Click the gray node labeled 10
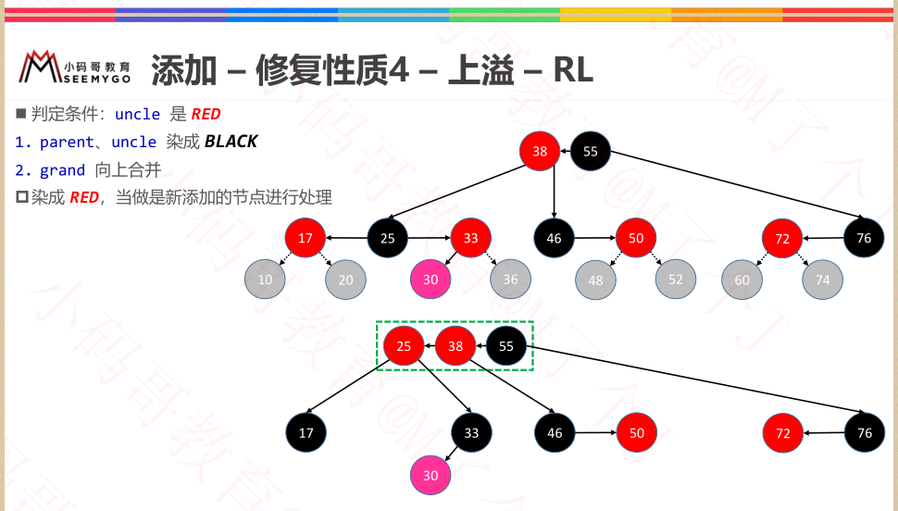point(265,280)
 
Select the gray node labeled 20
point(345,280)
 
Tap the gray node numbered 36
point(511,279)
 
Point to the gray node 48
point(595,280)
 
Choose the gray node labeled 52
point(676,280)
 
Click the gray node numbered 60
point(742,280)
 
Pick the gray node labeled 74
point(823,280)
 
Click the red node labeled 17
point(306,238)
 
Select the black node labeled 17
point(306,432)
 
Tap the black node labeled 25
point(388,238)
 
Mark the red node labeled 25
point(404,346)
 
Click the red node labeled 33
point(471,238)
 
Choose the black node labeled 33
point(471,432)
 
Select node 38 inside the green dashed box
point(455,346)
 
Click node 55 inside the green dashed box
point(506,346)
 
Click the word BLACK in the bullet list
point(231,142)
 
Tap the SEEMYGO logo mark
point(40,68)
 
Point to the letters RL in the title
point(573,69)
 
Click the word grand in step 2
point(62,170)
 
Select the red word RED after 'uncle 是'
point(206,114)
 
